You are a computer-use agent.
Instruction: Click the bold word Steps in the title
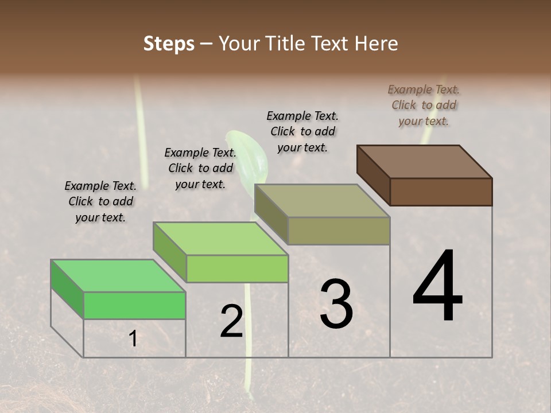(x=169, y=44)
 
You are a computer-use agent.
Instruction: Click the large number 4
(x=437, y=287)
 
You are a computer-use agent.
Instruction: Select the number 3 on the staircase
(x=336, y=304)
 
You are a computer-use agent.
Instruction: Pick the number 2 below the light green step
(x=232, y=322)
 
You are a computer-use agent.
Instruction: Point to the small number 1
(x=133, y=339)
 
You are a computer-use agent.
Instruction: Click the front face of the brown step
(x=441, y=192)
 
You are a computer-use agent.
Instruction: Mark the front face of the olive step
(x=339, y=231)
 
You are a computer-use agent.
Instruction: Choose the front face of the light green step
(x=237, y=268)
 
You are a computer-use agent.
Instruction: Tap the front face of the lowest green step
(x=135, y=305)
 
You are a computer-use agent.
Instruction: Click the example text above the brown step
(x=424, y=105)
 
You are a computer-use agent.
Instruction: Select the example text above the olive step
(x=302, y=131)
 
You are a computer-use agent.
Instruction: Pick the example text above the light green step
(x=200, y=168)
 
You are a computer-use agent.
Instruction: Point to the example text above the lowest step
(x=100, y=201)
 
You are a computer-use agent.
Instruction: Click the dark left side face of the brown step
(x=373, y=175)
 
